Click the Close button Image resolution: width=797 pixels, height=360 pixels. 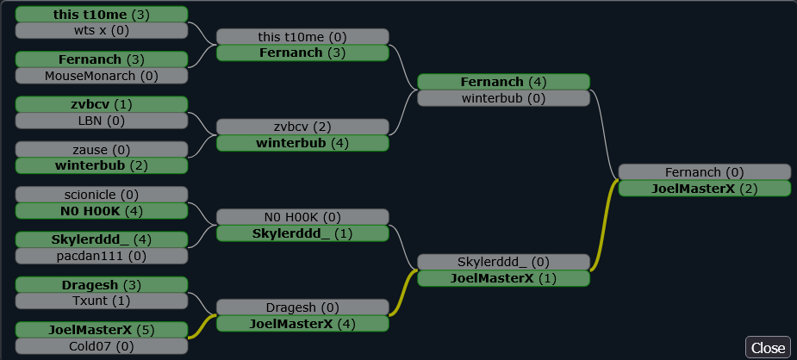(x=768, y=347)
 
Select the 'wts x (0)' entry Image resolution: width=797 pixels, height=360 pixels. (x=102, y=30)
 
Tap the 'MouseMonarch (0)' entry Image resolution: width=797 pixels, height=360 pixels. (x=102, y=76)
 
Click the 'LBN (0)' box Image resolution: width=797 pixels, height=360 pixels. (x=102, y=121)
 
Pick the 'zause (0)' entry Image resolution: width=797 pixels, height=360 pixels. (x=102, y=149)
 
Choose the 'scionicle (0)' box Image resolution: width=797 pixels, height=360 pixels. (x=102, y=195)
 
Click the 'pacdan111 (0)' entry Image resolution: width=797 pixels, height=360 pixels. (x=102, y=256)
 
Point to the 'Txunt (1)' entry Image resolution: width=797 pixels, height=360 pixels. (x=102, y=301)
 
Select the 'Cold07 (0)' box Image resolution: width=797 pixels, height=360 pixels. (x=102, y=346)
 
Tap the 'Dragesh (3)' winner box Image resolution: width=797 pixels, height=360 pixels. (x=102, y=284)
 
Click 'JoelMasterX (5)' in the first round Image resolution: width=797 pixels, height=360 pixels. (x=102, y=330)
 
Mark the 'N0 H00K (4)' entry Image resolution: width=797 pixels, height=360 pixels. (x=102, y=211)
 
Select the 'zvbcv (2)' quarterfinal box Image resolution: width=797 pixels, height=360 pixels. (x=302, y=127)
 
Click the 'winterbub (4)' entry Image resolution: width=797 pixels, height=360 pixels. (x=302, y=143)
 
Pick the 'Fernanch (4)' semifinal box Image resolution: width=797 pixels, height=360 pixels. (x=503, y=82)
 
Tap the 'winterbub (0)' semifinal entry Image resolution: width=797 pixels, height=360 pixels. (x=503, y=98)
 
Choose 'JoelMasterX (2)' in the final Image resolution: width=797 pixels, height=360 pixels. (x=704, y=189)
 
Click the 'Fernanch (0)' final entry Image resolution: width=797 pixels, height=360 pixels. (x=704, y=172)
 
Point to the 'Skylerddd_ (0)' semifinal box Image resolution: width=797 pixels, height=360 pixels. (x=503, y=262)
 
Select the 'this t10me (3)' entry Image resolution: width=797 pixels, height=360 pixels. (x=102, y=14)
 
